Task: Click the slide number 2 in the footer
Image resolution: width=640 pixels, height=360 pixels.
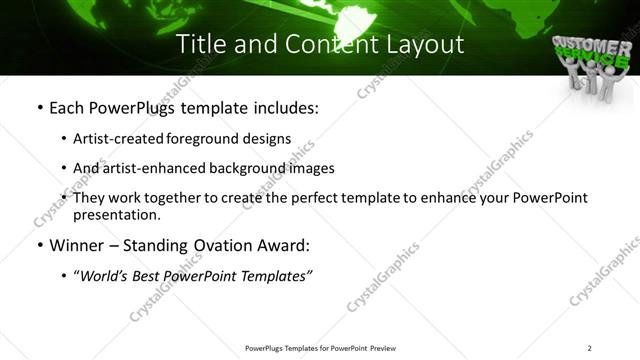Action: point(590,347)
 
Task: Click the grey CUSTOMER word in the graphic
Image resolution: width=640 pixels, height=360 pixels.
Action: point(588,44)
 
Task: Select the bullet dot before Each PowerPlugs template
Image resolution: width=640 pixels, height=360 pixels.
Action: point(39,107)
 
